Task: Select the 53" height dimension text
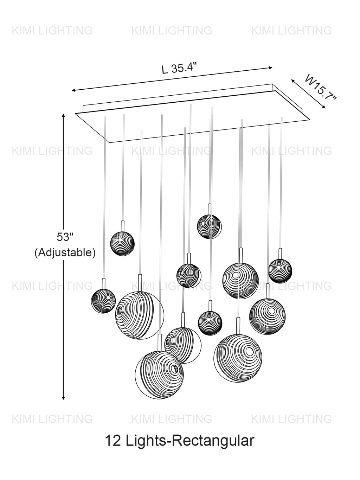(65, 237)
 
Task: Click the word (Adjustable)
(65, 252)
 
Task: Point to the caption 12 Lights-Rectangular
(179, 441)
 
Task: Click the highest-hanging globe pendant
(209, 226)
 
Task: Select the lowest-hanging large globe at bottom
(160, 375)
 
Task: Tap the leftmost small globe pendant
(103, 301)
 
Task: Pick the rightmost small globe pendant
(280, 270)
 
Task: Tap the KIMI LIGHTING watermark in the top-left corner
(52, 31)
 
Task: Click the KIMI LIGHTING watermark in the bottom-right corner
(291, 419)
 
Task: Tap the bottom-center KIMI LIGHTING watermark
(172, 419)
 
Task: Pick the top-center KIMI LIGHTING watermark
(172, 31)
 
